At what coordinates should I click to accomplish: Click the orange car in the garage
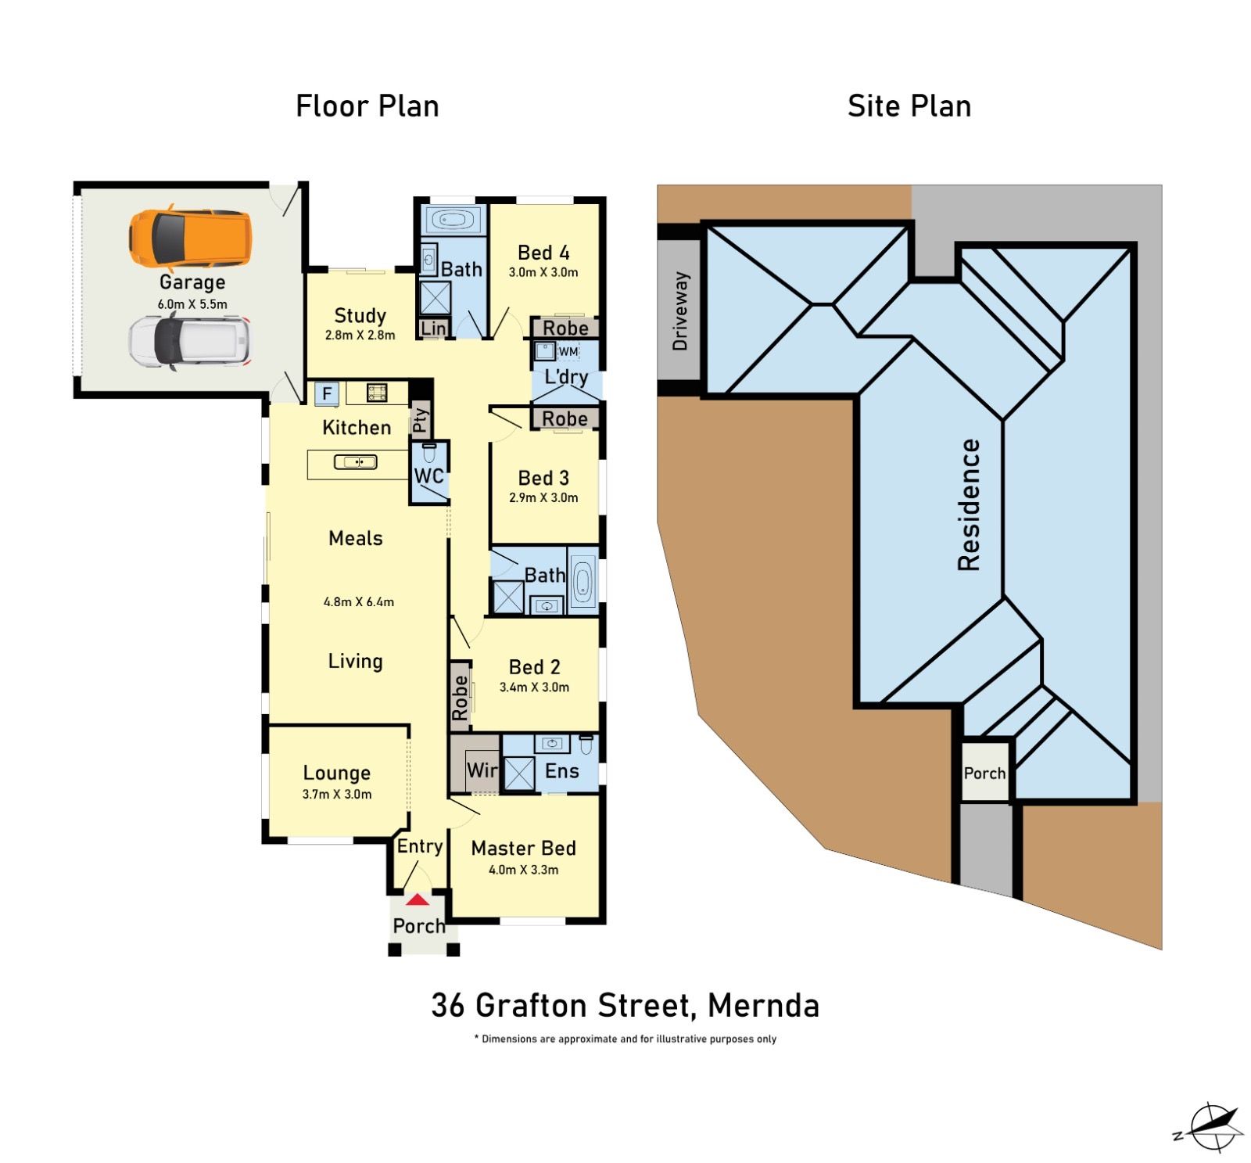tap(191, 237)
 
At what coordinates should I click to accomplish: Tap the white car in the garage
tap(191, 342)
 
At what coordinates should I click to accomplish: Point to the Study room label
tap(360, 315)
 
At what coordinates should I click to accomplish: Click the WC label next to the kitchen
tap(428, 476)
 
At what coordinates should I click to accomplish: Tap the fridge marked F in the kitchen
tap(327, 393)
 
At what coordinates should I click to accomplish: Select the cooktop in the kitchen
tap(377, 392)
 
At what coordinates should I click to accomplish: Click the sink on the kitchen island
tap(356, 462)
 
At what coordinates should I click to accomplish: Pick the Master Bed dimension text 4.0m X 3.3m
tap(524, 870)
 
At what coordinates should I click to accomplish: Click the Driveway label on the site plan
tap(680, 310)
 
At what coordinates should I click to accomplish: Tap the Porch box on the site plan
tap(984, 772)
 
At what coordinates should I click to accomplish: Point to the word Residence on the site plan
tap(969, 504)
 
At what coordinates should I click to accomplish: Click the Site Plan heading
tap(909, 106)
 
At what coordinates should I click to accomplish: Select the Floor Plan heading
tap(367, 106)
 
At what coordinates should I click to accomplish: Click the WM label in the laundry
tap(568, 351)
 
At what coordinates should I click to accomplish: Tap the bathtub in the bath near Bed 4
tap(453, 220)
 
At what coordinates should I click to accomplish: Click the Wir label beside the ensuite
tap(482, 770)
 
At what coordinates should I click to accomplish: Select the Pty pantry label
tap(421, 420)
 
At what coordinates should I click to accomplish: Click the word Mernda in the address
tap(763, 1005)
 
